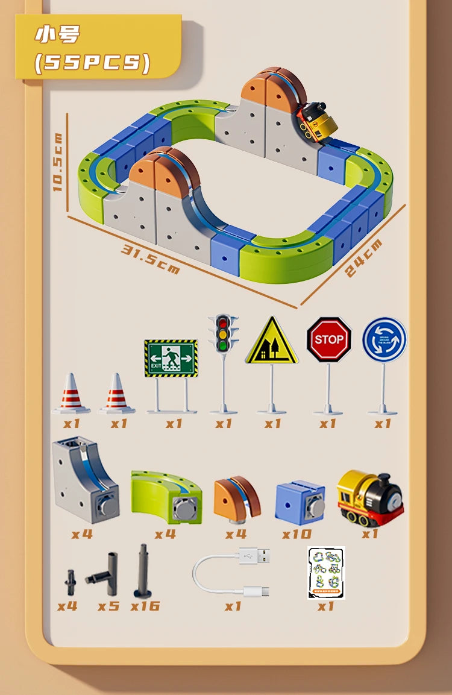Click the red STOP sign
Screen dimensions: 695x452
(x=328, y=339)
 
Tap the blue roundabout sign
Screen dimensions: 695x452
(x=385, y=339)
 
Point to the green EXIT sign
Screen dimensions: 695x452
(x=171, y=358)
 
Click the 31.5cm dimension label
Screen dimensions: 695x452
(x=151, y=259)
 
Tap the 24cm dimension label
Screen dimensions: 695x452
(x=363, y=258)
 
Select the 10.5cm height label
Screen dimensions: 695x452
(x=58, y=162)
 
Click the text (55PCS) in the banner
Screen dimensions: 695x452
(x=92, y=63)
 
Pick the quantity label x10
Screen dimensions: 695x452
(x=297, y=534)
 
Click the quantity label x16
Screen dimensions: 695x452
(x=145, y=606)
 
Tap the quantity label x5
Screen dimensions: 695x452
(x=108, y=606)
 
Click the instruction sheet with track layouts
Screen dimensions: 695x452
(x=326, y=573)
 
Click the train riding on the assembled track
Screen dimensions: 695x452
(x=316, y=121)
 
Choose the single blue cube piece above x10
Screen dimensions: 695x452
(x=300, y=502)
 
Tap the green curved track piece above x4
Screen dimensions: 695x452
(x=166, y=497)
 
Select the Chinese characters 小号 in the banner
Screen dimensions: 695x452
(x=57, y=35)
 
